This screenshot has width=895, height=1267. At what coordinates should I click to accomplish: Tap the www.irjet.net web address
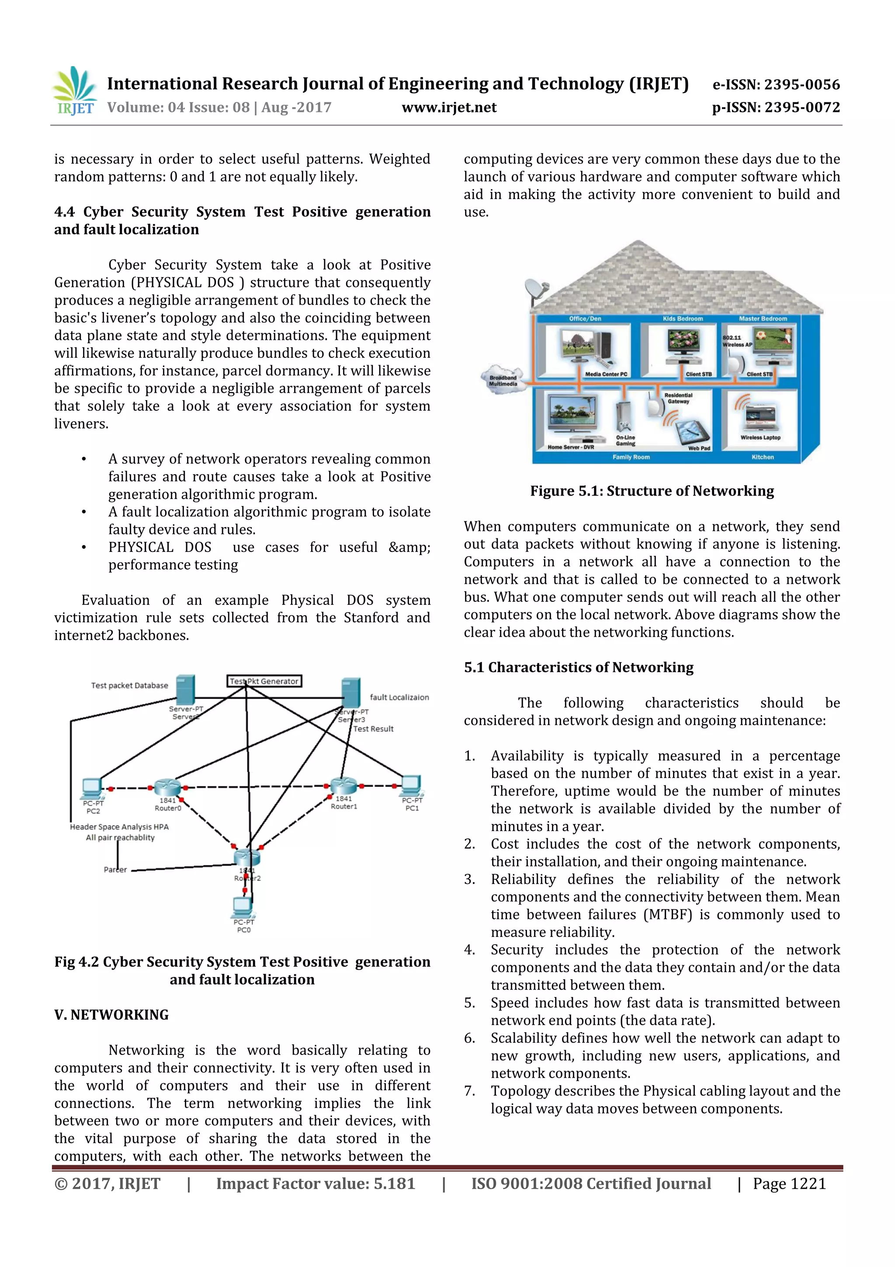click(x=449, y=108)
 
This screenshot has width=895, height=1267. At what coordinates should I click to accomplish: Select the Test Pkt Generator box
click(x=264, y=681)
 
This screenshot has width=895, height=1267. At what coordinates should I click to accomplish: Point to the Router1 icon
click(x=343, y=786)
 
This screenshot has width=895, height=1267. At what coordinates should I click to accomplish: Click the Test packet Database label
click(x=130, y=685)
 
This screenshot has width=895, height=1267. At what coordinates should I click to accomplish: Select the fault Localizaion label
click(x=399, y=697)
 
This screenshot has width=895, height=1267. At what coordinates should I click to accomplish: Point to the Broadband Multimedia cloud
click(x=503, y=380)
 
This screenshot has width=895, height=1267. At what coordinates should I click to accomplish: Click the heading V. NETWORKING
click(x=111, y=1015)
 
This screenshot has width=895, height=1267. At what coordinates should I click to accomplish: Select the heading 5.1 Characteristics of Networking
click(x=579, y=667)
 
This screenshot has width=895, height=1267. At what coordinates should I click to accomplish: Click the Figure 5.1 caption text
click(x=652, y=491)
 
